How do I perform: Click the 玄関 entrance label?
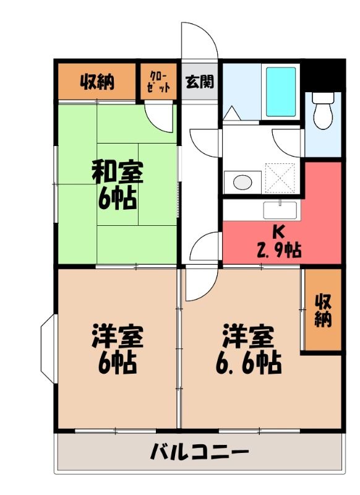[200, 82]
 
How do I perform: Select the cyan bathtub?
[281, 92]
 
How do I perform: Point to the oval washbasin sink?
[242, 182]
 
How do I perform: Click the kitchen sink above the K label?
[280, 210]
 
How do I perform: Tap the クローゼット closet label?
[159, 82]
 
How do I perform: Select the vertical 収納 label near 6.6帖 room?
[323, 310]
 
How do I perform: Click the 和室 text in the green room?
[118, 172]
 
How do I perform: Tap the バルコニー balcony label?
[199, 452]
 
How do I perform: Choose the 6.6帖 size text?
[249, 363]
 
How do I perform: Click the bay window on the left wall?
[48, 349]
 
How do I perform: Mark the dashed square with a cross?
[280, 178]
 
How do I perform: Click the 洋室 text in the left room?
[118, 337]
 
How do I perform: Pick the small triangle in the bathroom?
[232, 113]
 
